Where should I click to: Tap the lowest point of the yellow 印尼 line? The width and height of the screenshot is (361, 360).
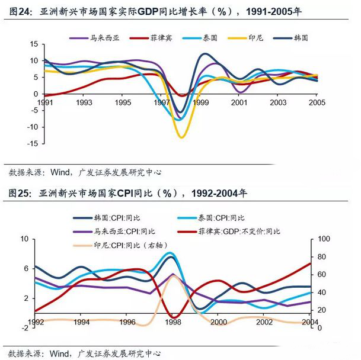click(181, 137)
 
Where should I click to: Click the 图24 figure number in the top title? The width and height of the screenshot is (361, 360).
click(20, 9)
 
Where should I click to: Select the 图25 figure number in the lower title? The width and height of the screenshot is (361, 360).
click(20, 192)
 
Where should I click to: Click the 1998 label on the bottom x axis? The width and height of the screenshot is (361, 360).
click(173, 322)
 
